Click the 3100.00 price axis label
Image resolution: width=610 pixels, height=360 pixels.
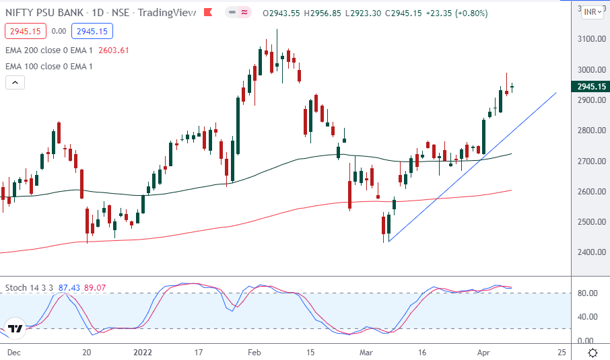(590, 39)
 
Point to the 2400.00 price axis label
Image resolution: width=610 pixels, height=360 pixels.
(590, 252)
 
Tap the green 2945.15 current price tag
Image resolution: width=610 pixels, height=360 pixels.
(590, 86)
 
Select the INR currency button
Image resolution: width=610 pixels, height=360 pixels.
(592, 11)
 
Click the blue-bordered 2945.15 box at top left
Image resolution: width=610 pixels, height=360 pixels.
(94, 31)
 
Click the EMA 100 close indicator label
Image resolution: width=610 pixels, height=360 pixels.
(48, 66)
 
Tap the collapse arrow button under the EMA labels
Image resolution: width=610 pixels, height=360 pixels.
(15, 83)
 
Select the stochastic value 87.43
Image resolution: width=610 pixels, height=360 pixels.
(69, 287)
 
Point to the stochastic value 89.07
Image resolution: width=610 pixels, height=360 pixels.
(99, 287)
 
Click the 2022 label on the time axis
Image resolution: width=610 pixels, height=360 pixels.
(143, 352)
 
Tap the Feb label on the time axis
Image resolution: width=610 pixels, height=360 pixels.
(254, 352)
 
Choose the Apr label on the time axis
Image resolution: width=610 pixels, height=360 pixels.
(484, 352)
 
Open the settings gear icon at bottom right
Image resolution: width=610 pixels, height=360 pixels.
(593, 353)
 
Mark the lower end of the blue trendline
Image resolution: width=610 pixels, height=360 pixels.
(388, 242)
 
